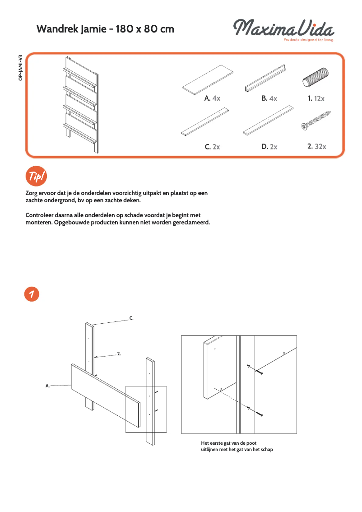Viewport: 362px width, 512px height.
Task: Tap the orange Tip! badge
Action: click(37, 177)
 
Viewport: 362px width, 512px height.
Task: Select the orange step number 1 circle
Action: click(32, 294)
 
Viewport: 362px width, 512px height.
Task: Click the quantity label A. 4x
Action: click(212, 98)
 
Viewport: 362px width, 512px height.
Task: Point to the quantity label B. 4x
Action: click(269, 98)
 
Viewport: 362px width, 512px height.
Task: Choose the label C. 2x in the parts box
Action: click(212, 147)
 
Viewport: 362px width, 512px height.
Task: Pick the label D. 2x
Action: click(269, 147)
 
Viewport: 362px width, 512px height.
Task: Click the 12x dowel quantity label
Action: click(316, 98)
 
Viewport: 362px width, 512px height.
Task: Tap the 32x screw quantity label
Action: click(316, 146)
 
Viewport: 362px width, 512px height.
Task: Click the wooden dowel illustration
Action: click(315, 77)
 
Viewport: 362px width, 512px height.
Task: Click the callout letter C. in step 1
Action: click(131, 318)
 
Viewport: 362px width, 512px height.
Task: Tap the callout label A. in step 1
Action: click(47, 386)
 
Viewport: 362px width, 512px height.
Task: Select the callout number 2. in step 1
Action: click(119, 354)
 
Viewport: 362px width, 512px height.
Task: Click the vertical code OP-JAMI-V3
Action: click(21, 67)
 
